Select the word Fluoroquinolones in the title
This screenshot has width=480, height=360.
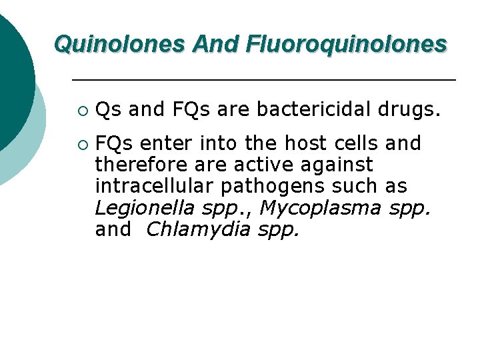347,44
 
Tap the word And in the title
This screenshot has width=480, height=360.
217,44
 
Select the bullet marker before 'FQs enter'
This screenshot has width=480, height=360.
81,144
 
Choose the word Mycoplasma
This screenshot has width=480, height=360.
320,208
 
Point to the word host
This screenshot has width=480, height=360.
301,143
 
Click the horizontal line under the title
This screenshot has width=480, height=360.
263,80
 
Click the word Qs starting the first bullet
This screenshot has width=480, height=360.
108,109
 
